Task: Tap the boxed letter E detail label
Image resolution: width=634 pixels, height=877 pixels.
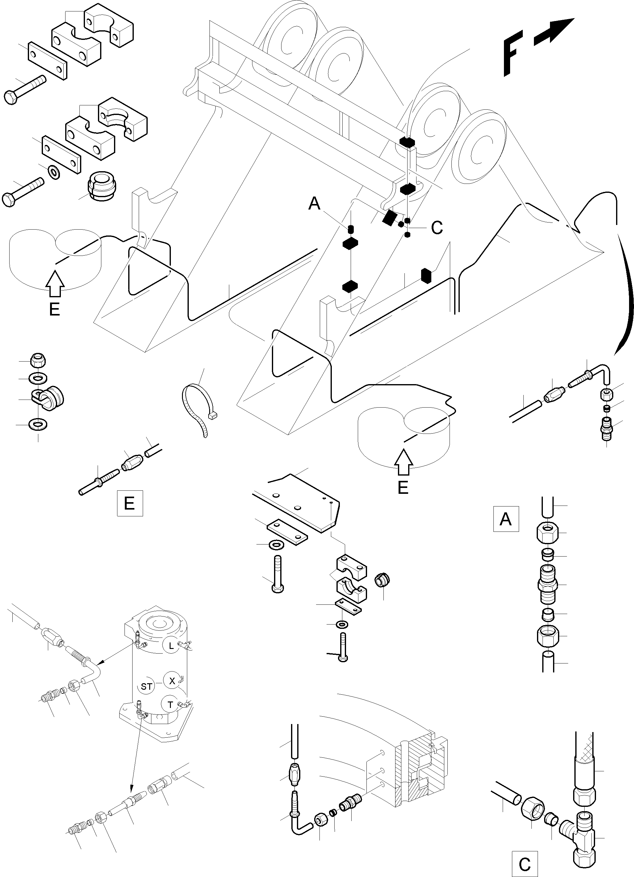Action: click(129, 503)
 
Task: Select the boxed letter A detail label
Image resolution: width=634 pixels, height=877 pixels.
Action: click(506, 519)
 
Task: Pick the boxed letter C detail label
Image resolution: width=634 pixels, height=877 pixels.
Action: click(525, 864)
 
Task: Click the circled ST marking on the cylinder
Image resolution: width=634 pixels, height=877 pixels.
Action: click(146, 687)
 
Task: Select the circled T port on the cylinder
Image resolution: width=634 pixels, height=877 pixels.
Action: click(170, 705)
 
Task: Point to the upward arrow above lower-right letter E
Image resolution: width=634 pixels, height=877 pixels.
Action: click(403, 463)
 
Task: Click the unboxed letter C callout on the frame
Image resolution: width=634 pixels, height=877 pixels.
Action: click(437, 228)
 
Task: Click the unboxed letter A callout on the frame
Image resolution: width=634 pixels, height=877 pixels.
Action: click(314, 203)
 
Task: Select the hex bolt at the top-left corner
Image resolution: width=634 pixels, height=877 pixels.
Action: click(23, 89)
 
